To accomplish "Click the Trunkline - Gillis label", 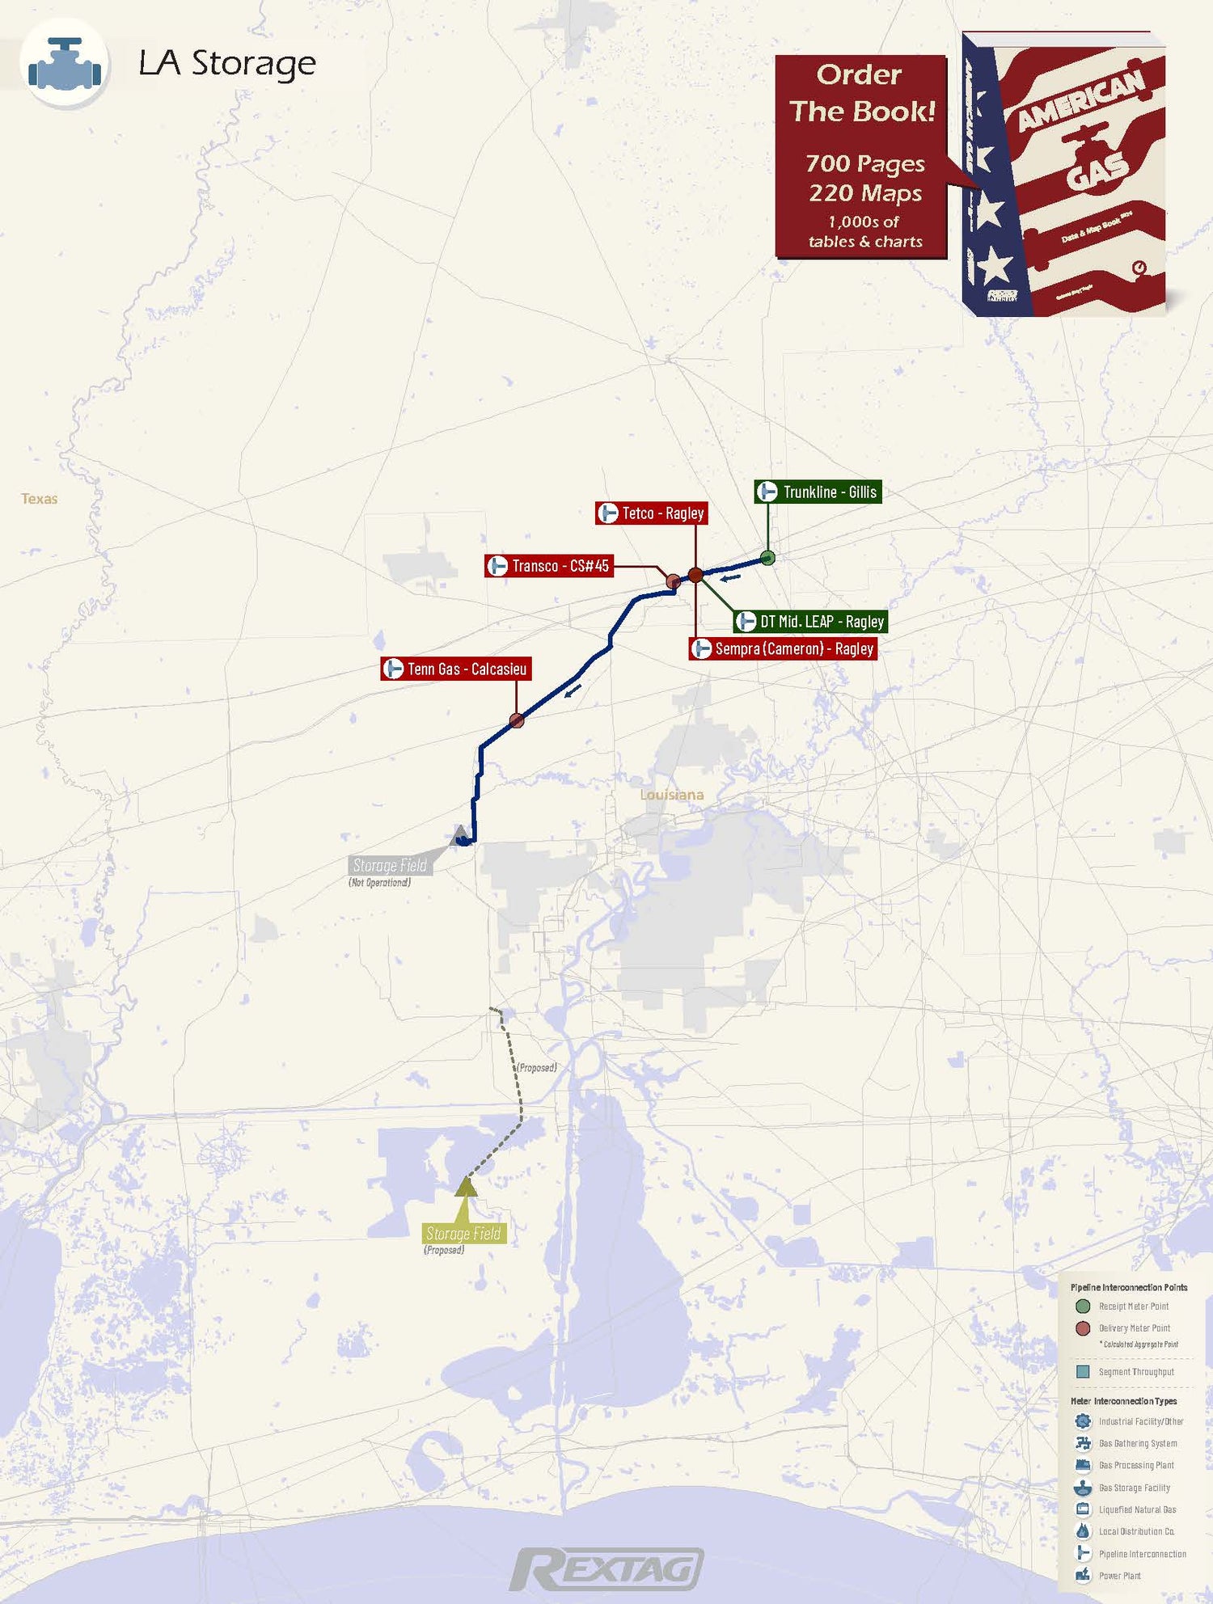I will click(x=818, y=492).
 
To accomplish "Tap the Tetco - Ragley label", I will click(x=651, y=513).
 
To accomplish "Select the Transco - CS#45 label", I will click(x=548, y=566).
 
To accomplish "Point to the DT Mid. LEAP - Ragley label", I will click(x=810, y=622).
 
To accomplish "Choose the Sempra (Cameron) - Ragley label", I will click(x=783, y=649).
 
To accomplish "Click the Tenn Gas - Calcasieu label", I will click(x=456, y=669).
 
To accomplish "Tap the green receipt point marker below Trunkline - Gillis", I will click(x=768, y=557).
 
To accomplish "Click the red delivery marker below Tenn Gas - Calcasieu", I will click(x=517, y=720).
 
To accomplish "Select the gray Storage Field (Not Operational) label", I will click(x=390, y=866).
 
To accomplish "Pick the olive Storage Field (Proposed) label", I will click(x=463, y=1234).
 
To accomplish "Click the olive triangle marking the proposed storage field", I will click(x=466, y=1187).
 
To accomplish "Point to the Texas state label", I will click(x=39, y=499).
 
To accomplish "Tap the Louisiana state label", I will click(x=671, y=795).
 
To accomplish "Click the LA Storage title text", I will click(x=227, y=63).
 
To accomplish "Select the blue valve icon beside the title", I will click(x=65, y=65).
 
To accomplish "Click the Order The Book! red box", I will click(x=861, y=156).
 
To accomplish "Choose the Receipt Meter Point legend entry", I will click(x=1133, y=1306).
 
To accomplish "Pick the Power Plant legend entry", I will click(x=1119, y=1576).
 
